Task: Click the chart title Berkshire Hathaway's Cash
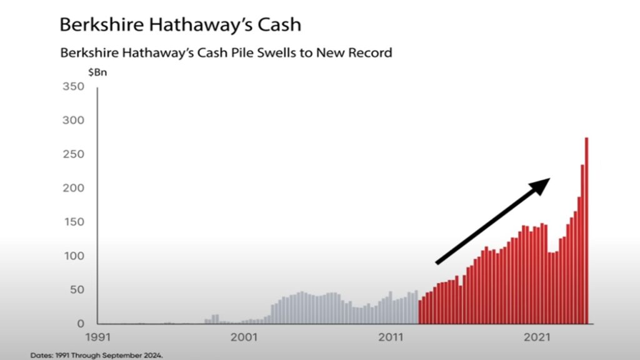click(x=180, y=24)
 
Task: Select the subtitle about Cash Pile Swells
click(x=226, y=52)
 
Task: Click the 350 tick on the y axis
click(x=74, y=86)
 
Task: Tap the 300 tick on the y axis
click(x=74, y=120)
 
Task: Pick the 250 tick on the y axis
click(x=74, y=154)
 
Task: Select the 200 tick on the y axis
click(x=74, y=188)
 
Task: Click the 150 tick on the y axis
click(x=74, y=222)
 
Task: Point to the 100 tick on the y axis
click(x=74, y=256)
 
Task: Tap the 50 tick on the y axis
click(x=76, y=290)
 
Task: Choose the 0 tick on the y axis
click(x=81, y=324)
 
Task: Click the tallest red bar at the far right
click(x=587, y=231)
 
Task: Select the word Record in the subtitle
click(x=371, y=52)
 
